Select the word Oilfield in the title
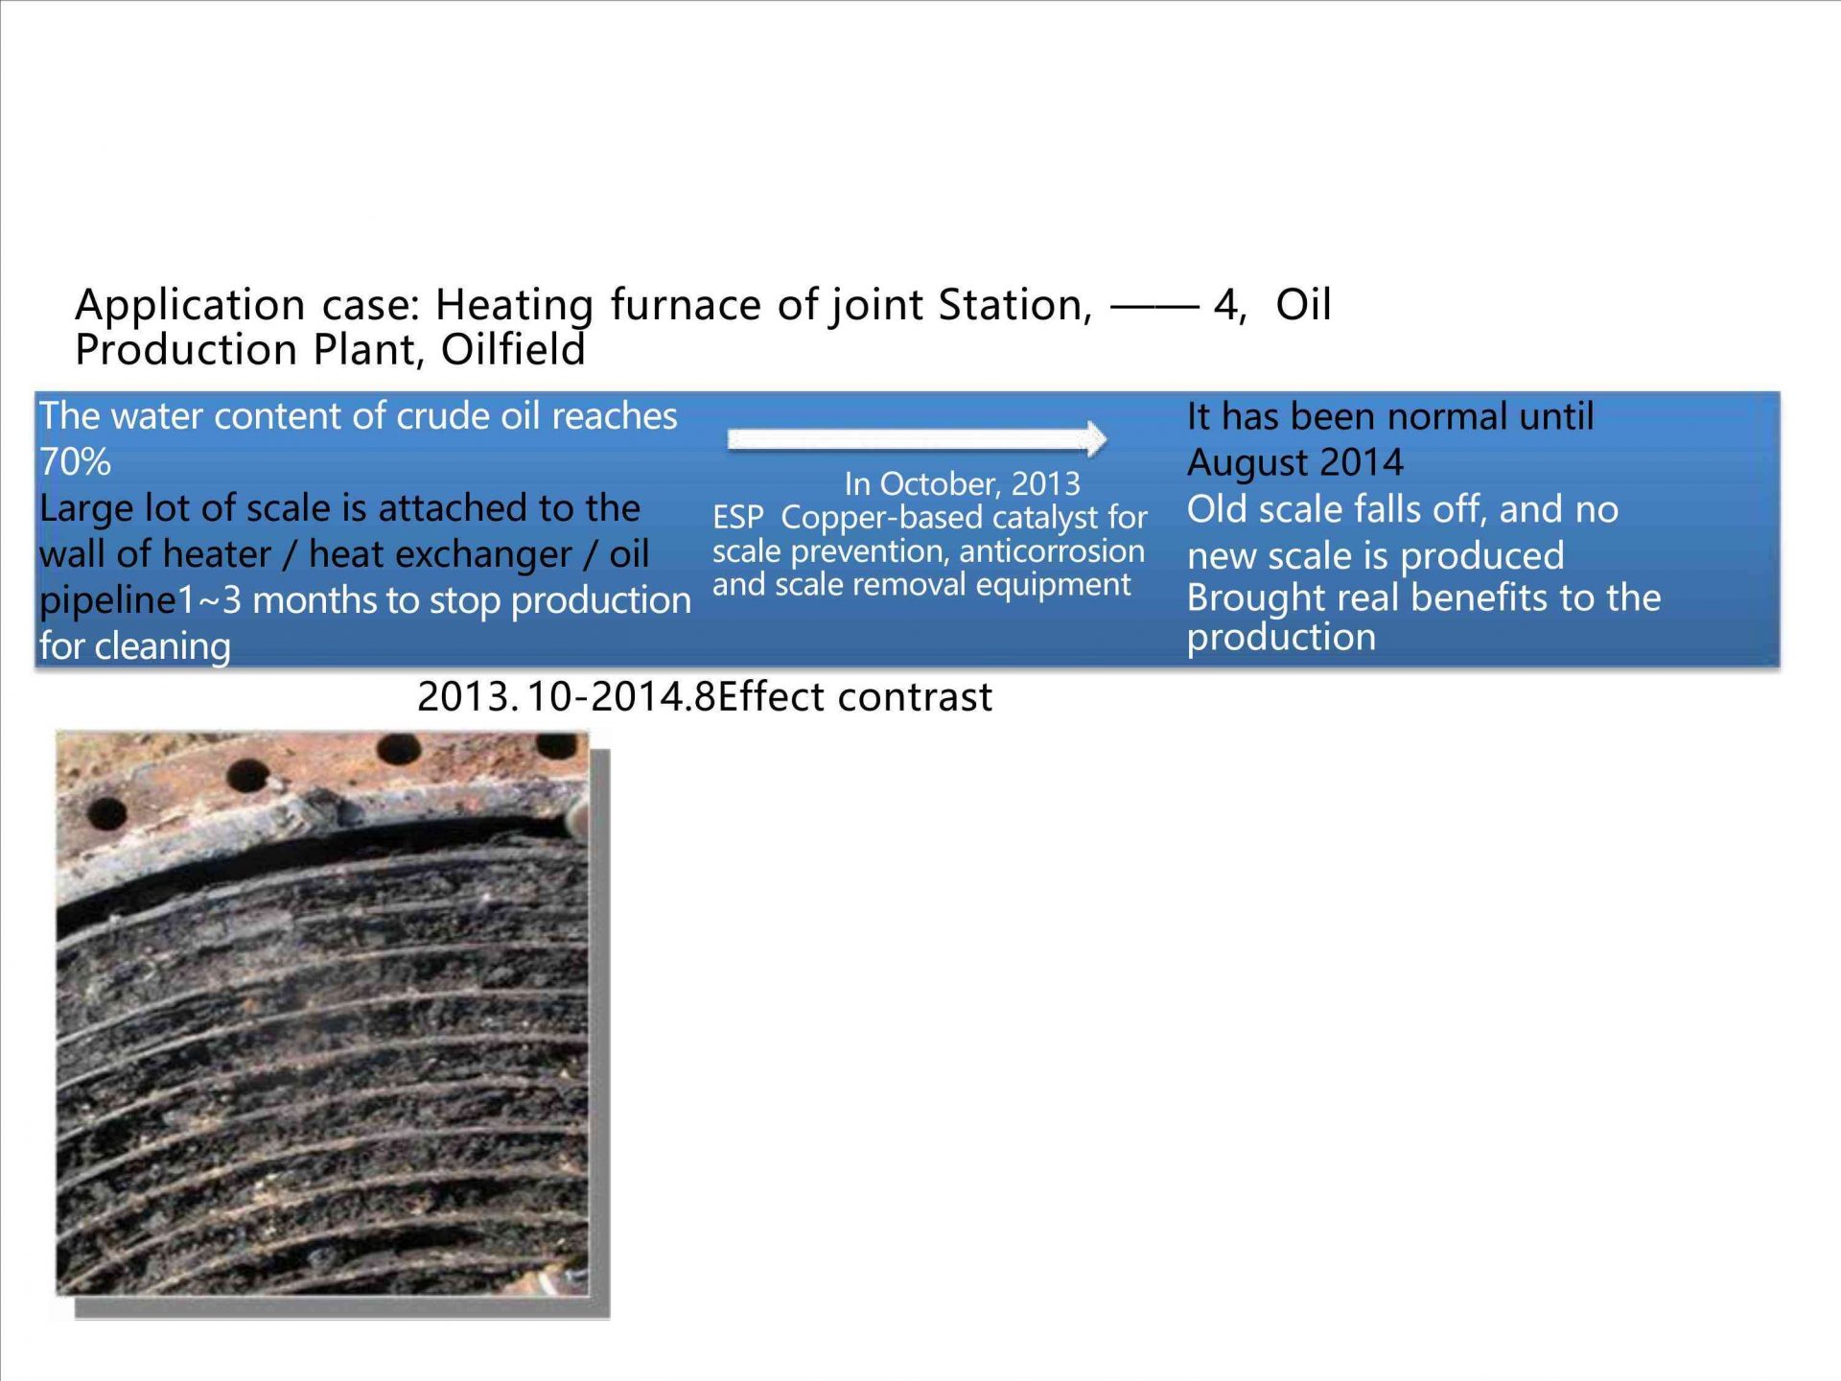[513, 350]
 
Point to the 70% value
[75, 462]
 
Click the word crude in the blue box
[442, 417]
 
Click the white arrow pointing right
[917, 439]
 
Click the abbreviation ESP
[737, 518]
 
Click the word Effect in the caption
[772, 697]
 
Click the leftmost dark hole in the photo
[105, 815]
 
